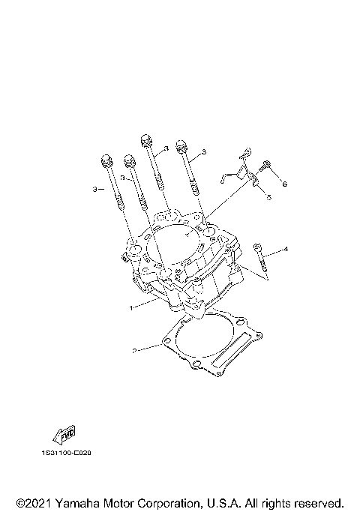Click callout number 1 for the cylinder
[x=130, y=307]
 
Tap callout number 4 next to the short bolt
[x=285, y=249]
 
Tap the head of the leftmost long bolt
[x=106, y=161]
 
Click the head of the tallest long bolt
[x=146, y=139]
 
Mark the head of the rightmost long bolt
[x=181, y=144]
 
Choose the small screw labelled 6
[x=264, y=166]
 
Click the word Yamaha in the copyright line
[x=83, y=502]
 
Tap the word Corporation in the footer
[x=175, y=502]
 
